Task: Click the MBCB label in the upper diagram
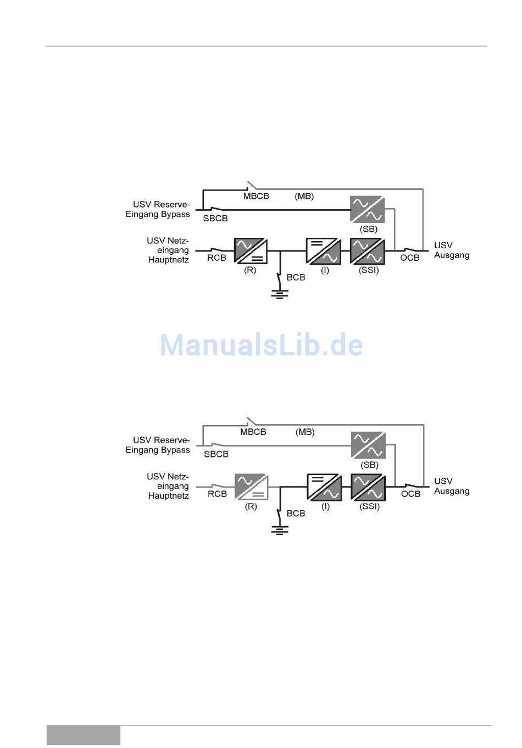point(256,196)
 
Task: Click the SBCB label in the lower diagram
point(216,454)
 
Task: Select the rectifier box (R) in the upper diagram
point(251,250)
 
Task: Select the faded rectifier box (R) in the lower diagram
point(251,487)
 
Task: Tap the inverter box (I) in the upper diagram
point(324,251)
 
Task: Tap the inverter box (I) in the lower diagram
point(324,487)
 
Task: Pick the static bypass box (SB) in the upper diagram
point(368,209)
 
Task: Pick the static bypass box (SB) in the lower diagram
point(368,445)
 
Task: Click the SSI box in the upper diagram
point(368,251)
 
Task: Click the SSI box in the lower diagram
point(368,487)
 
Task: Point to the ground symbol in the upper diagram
point(280,294)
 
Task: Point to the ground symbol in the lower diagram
point(280,530)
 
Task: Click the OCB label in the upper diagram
point(410,258)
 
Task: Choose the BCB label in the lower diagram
point(296,513)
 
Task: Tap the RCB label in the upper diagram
point(216,258)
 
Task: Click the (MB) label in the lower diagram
point(305,432)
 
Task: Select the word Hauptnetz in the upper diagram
point(168,260)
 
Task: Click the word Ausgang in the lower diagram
point(452,491)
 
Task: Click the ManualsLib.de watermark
point(262,345)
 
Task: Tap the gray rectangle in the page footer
point(84,735)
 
